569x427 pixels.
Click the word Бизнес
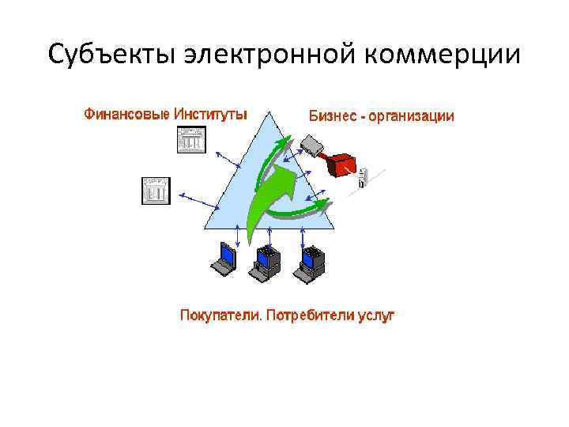tap(331, 116)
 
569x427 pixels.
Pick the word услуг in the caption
tap(377, 316)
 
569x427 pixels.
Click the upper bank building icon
tap(190, 141)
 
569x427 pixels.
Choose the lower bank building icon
tap(156, 191)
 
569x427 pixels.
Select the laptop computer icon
tap(224, 260)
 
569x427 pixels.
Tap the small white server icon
tap(363, 177)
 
